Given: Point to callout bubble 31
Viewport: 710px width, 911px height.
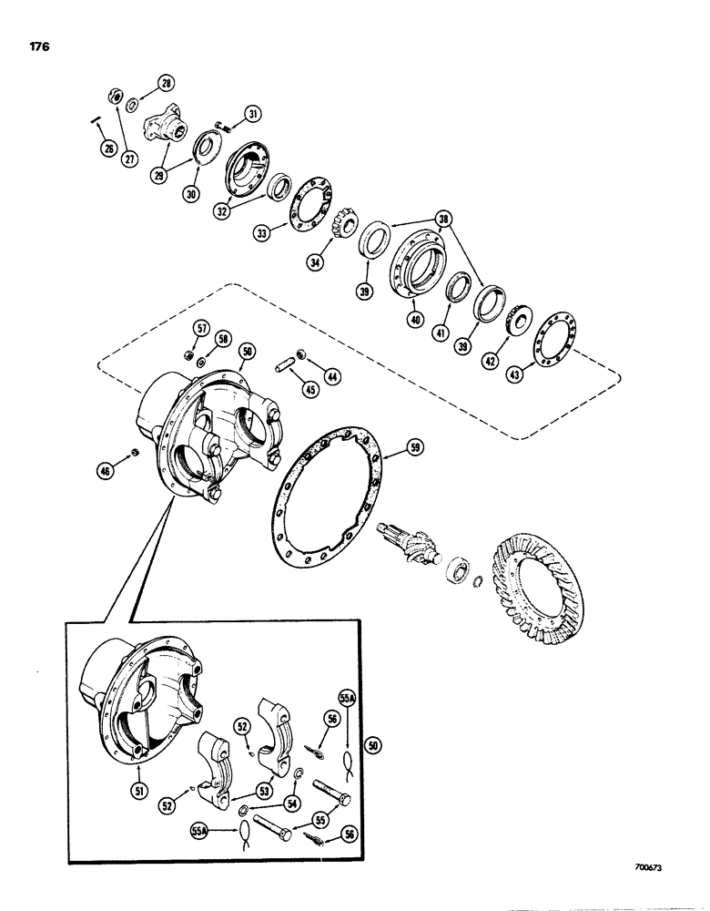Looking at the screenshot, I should pyautogui.click(x=252, y=114).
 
